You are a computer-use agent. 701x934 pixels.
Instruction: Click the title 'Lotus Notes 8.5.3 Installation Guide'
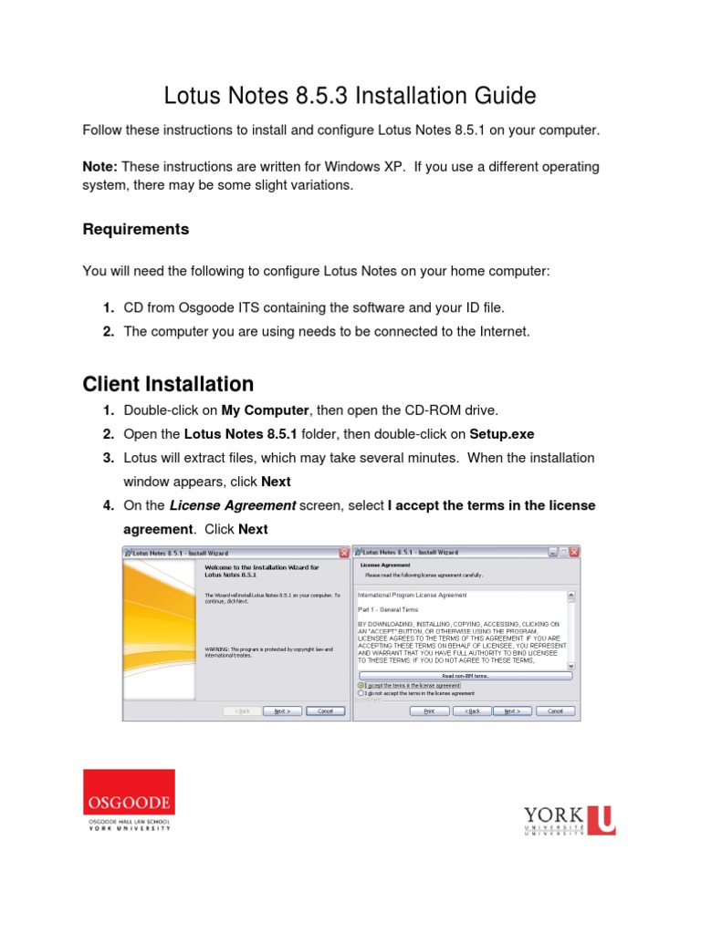pos(350,96)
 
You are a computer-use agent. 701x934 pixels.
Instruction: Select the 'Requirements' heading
pos(136,229)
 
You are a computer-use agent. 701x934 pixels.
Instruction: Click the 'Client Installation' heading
pos(168,384)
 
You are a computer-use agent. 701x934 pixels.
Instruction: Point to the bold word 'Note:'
pos(100,166)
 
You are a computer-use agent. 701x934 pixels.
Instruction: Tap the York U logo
pos(569,818)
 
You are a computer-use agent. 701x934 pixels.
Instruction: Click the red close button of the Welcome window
pos(344,552)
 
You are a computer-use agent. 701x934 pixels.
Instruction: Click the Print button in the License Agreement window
pos(428,685)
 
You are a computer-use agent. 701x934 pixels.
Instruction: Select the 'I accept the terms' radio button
pos(361,684)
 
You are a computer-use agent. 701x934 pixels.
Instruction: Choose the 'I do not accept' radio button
pos(361,692)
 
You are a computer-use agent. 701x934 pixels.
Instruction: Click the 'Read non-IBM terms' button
pos(466,676)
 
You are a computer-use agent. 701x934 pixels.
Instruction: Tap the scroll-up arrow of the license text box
pos(571,597)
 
